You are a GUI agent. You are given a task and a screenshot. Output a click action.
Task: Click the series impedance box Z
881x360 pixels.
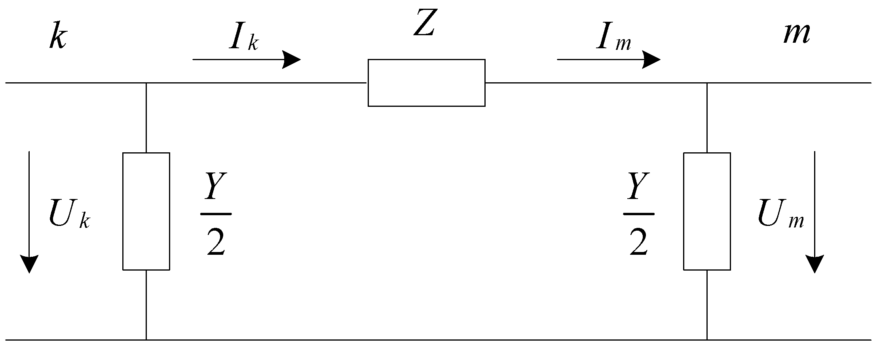[426, 83]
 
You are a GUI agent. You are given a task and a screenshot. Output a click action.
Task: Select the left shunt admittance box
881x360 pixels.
[146, 211]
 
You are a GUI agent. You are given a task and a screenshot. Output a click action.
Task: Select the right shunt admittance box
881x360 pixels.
[707, 211]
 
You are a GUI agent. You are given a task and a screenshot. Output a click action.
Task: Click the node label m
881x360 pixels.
[797, 33]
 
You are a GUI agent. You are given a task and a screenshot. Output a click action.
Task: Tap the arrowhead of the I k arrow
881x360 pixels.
[292, 60]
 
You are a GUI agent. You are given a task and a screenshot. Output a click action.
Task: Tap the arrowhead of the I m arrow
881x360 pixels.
[651, 60]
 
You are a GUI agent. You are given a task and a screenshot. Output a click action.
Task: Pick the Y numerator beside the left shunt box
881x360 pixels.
[215, 186]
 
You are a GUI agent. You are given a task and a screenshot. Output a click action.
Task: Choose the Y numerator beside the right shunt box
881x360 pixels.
[638, 186]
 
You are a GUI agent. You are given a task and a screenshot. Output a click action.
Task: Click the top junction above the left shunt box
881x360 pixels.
[146, 83]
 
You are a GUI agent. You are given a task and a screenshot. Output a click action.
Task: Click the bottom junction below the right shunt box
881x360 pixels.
[707, 339]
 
